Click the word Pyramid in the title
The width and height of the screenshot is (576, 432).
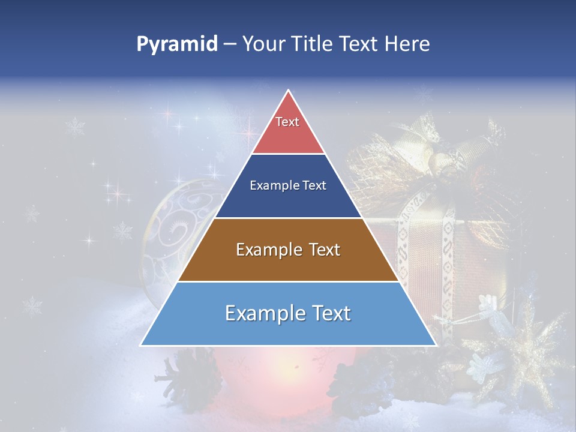tap(176, 44)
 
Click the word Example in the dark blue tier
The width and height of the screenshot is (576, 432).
tap(271, 186)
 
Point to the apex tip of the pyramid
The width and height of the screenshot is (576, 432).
tap(288, 90)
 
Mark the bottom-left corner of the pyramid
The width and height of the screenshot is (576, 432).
tap(142, 345)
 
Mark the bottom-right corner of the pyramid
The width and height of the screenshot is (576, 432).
tap(436, 345)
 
